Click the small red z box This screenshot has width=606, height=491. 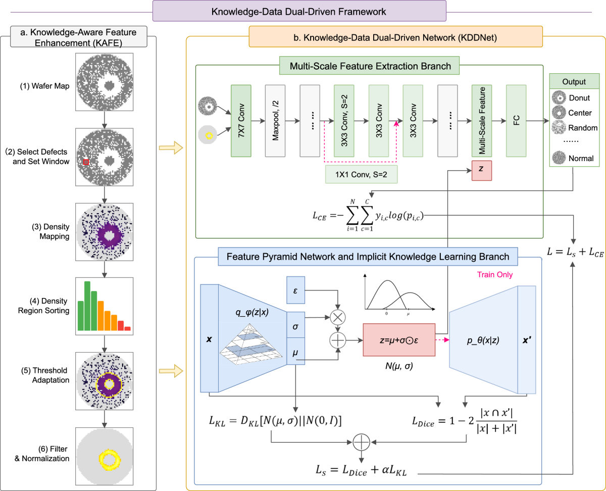[x=481, y=171]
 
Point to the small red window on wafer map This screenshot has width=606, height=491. [x=86, y=162]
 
